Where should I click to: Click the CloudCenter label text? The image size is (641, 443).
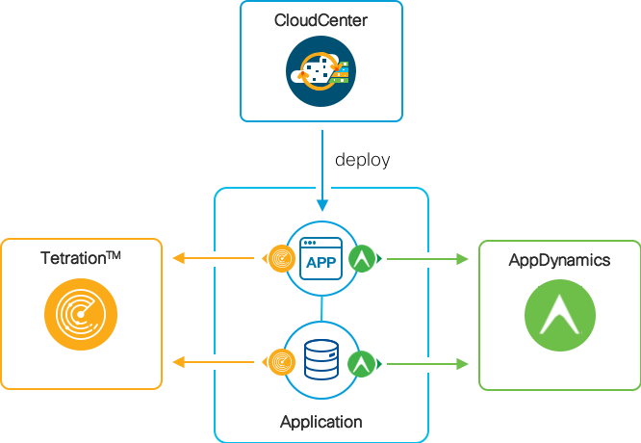[x=320, y=21]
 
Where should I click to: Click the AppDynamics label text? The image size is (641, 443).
[x=559, y=260]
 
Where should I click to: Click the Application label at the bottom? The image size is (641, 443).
[x=320, y=422]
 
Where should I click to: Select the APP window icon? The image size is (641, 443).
[x=321, y=258]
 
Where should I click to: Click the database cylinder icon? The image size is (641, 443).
[x=321, y=361]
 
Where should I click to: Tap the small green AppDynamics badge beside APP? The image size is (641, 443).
[x=362, y=258]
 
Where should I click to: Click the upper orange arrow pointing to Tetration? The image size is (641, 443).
[x=212, y=258]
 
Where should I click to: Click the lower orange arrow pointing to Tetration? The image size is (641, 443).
[x=212, y=362]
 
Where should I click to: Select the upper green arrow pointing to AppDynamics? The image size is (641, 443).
[x=428, y=258]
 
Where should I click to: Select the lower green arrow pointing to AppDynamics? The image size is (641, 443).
[x=428, y=363]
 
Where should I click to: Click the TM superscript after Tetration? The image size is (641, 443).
[x=113, y=255]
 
